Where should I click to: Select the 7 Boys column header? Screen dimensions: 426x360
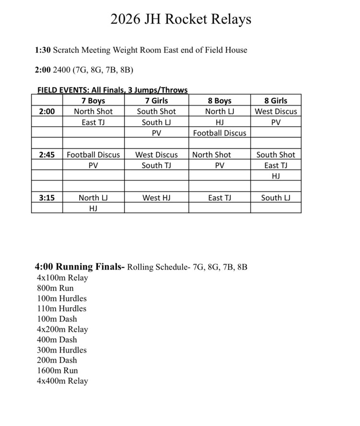point(93,101)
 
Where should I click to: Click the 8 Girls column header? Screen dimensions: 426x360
point(276,101)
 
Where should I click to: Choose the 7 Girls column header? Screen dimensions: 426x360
point(156,101)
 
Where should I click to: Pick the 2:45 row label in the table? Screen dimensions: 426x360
point(47,155)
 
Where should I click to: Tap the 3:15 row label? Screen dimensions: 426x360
point(47,198)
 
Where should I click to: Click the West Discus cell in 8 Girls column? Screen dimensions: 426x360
point(276,111)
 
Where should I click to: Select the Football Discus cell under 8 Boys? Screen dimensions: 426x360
point(219,133)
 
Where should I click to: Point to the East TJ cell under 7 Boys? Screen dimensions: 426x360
point(93,122)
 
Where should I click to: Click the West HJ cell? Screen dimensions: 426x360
point(156,198)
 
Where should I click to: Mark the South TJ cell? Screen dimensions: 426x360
point(156,166)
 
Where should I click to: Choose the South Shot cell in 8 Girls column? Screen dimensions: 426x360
point(276,155)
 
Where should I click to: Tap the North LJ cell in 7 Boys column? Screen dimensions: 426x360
point(93,198)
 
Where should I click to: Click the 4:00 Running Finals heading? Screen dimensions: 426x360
point(80,267)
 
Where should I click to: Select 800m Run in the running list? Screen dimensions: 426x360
point(55,288)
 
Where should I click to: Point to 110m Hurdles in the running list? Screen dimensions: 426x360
point(61,308)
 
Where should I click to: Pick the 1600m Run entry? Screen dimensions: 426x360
point(57,370)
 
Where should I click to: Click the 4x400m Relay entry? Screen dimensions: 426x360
point(62,381)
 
